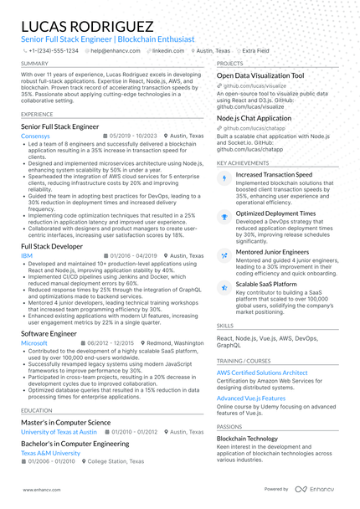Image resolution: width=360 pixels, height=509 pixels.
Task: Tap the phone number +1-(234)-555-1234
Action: [53, 50]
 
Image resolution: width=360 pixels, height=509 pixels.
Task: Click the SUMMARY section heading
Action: [34, 64]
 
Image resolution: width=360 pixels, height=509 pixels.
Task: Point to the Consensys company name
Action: [35, 135]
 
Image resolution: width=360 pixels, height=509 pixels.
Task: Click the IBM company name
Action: [26, 255]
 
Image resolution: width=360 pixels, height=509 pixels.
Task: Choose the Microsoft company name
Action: [34, 343]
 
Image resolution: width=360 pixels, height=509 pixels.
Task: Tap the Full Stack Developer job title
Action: [52, 247]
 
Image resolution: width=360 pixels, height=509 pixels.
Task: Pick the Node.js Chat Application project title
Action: [254, 118]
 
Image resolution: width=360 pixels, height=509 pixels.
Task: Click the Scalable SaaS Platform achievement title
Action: [266, 284]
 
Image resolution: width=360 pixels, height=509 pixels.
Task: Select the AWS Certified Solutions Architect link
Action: [262, 372]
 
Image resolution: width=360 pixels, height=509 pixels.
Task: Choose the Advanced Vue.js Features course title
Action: [251, 398]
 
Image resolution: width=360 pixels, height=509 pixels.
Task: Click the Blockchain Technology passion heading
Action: [247, 438]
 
